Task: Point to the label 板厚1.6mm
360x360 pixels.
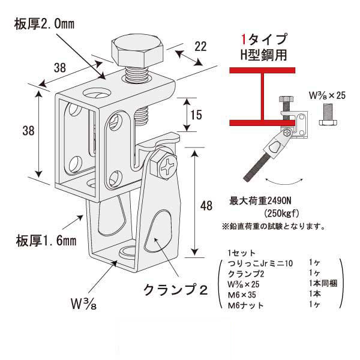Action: [46, 241]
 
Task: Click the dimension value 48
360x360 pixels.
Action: [206, 206]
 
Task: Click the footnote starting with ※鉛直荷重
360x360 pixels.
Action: [273, 227]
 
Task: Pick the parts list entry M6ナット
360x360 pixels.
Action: [246, 305]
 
